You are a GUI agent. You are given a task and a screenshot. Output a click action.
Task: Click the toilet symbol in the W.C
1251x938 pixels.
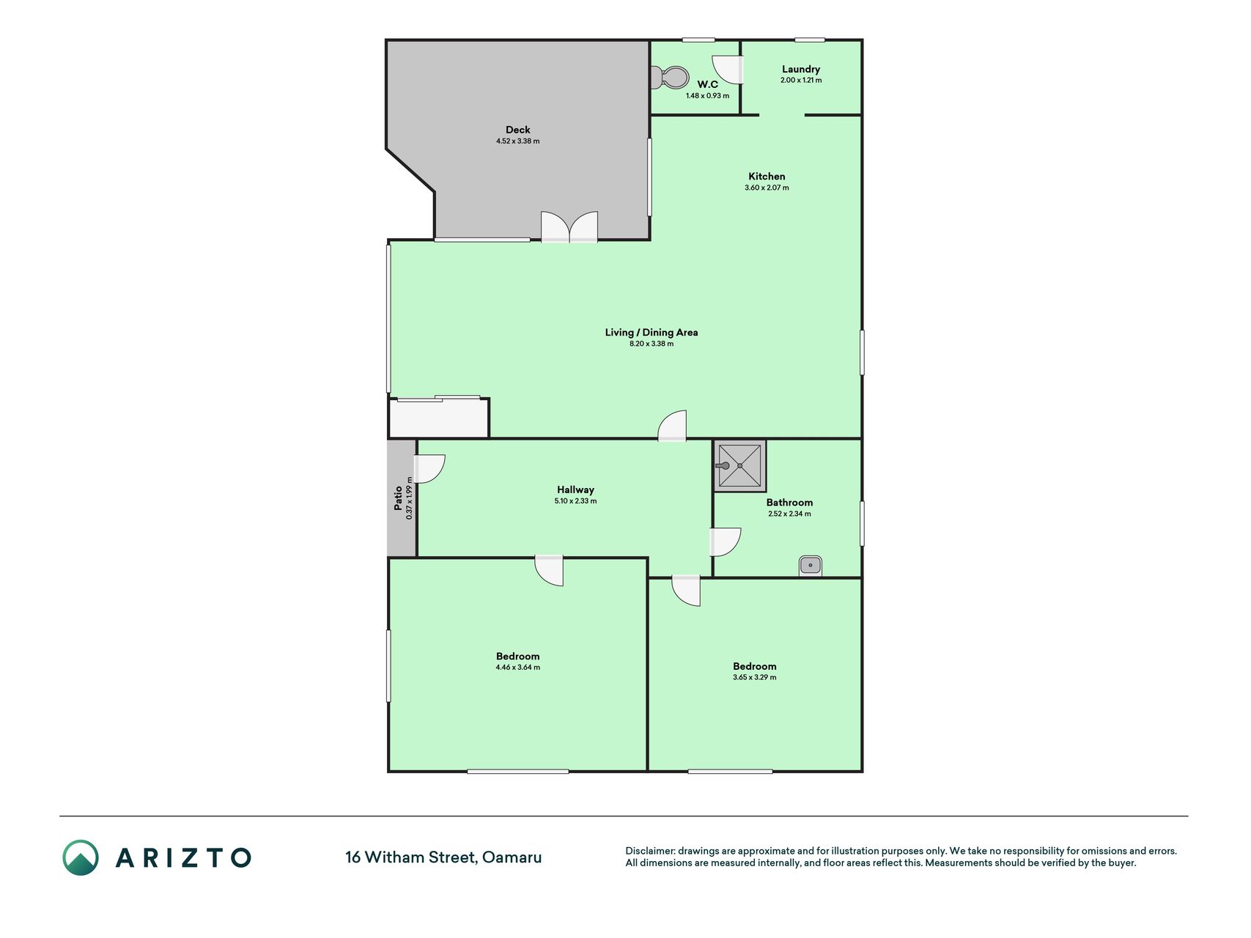click(670, 77)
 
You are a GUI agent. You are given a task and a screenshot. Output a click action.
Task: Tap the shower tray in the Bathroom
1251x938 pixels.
click(739, 465)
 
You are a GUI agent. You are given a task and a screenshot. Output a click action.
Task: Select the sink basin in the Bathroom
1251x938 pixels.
click(810, 566)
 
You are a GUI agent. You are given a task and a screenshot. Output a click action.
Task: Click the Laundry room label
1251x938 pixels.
click(801, 69)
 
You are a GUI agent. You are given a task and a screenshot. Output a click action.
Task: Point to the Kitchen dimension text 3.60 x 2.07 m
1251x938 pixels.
click(767, 188)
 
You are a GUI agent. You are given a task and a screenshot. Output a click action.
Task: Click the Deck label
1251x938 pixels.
click(517, 130)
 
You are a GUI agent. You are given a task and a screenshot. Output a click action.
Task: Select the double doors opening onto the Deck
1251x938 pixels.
click(569, 226)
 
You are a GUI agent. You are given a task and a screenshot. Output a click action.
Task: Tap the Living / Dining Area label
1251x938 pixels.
click(652, 332)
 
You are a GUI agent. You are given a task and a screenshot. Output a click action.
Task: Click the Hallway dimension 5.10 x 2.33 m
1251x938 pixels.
click(575, 501)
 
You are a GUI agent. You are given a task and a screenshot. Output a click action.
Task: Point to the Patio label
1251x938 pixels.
click(398, 498)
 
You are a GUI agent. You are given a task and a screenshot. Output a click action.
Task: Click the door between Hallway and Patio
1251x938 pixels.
click(429, 469)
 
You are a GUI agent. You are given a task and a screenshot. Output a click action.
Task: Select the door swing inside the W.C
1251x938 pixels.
click(728, 70)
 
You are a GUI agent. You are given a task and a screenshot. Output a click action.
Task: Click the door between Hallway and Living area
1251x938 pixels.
click(672, 426)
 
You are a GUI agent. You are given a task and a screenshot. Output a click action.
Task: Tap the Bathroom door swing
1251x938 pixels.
click(726, 542)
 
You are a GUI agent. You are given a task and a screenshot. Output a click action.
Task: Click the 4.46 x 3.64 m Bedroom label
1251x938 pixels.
click(517, 656)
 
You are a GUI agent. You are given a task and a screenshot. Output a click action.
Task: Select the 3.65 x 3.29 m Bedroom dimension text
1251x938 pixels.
click(754, 678)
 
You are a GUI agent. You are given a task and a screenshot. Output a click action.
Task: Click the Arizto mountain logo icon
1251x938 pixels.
click(80, 857)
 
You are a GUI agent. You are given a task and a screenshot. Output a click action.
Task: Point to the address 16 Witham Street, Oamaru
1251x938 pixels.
click(443, 857)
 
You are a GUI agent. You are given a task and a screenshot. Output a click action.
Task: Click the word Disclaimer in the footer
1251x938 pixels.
click(649, 851)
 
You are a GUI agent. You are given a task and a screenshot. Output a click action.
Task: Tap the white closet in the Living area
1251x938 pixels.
click(439, 418)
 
